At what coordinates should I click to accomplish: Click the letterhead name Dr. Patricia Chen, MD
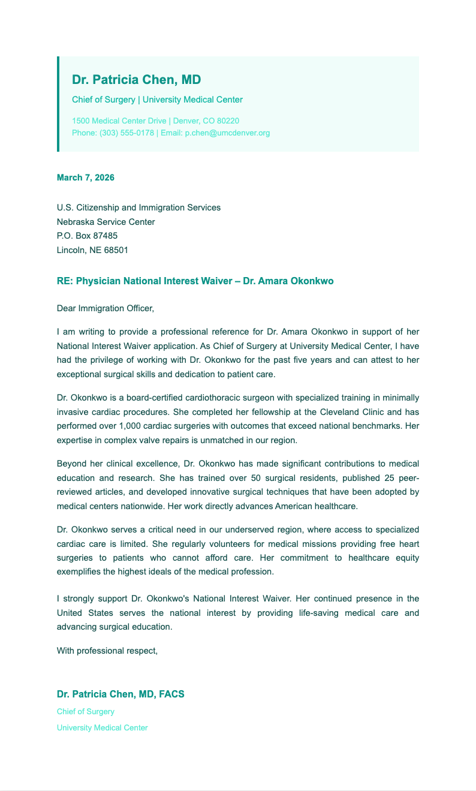point(136,80)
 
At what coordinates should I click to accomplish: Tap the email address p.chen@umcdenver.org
point(227,133)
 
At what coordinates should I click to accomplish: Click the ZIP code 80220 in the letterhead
point(228,121)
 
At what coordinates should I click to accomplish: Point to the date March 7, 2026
point(85,178)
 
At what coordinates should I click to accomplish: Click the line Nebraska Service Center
point(106,222)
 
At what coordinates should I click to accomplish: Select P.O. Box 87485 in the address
point(87,236)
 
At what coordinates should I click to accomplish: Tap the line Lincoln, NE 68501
point(92,250)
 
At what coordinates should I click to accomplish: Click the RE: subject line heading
point(195,281)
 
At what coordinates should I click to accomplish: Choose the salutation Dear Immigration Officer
point(105,308)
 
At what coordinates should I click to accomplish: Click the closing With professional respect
point(107,650)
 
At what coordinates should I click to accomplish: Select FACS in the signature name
point(171,694)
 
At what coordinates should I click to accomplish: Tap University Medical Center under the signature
point(102,727)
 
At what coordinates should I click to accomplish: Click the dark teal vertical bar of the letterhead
point(58,104)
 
